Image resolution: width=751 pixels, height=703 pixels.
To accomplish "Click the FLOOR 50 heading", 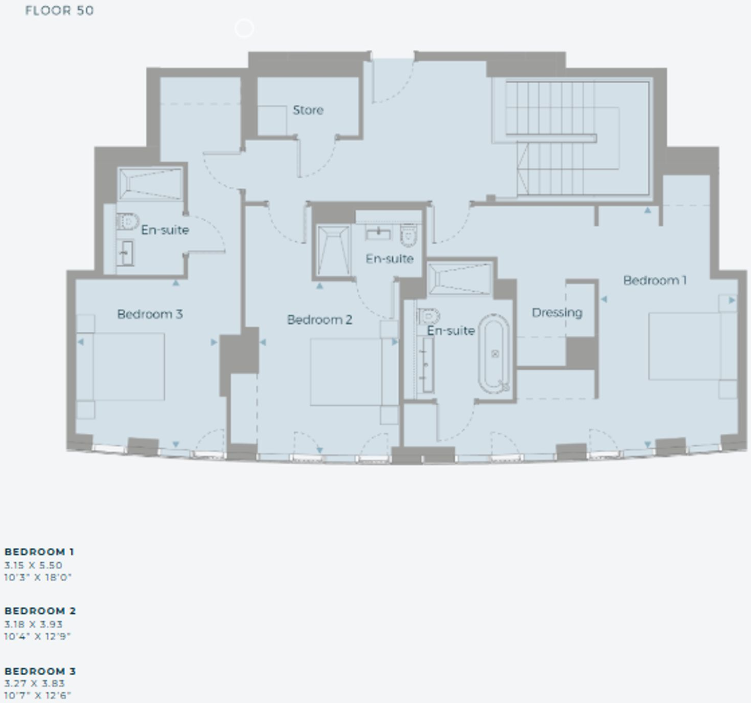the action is click(60, 11).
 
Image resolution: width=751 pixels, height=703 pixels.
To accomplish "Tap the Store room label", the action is click(308, 110).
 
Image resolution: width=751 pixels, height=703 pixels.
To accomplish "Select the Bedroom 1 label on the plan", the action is click(655, 280).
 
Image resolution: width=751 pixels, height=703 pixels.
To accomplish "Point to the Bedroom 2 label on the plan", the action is click(320, 320).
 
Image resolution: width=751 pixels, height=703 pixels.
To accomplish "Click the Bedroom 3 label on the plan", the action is click(150, 314).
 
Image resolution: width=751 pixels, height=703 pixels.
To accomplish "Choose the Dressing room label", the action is click(557, 313).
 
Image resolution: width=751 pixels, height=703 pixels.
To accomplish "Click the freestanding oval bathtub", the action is click(494, 354).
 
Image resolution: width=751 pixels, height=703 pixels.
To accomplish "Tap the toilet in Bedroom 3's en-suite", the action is click(127, 221).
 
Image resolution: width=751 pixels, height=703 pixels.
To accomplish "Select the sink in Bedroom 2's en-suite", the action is click(378, 234).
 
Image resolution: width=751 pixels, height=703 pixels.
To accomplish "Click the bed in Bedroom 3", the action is click(121, 367).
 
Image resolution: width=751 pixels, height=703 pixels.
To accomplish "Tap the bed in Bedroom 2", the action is click(354, 372).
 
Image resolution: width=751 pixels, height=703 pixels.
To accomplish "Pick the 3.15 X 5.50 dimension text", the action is click(33, 565).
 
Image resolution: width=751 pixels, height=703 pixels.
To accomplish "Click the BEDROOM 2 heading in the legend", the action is click(40, 611).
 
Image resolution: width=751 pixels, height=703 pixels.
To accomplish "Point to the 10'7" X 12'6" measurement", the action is click(37, 695).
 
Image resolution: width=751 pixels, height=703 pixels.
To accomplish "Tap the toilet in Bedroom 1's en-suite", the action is click(429, 316).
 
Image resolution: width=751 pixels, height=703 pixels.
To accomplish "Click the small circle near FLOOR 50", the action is click(244, 20).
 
